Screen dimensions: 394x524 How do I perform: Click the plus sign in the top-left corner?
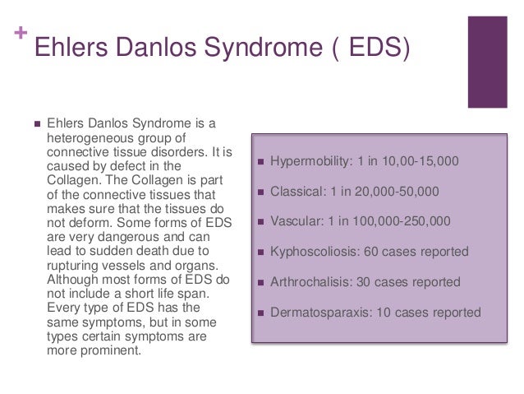point(19,35)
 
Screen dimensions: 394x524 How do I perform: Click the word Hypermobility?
point(309,160)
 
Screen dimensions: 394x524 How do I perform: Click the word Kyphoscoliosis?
point(311,252)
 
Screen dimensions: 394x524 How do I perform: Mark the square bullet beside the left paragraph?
point(35,124)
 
